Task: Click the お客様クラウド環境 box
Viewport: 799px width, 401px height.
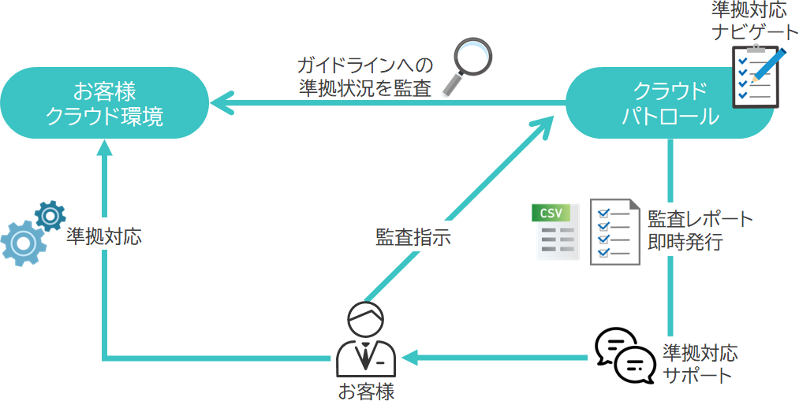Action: (x=104, y=103)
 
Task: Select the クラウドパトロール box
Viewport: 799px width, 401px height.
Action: (x=670, y=103)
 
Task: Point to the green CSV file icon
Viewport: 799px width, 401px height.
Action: (x=557, y=231)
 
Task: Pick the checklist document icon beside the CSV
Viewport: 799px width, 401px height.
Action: (x=614, y=231)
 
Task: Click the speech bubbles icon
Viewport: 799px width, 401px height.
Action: (x=624, y=356)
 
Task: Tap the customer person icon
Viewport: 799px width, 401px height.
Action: (x=365, y=340)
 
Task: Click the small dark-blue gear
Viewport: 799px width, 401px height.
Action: (x=50, y=214)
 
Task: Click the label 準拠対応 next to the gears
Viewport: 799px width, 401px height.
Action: (x=104, y=236)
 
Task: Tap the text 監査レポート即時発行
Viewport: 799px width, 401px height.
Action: (x=700, y=230)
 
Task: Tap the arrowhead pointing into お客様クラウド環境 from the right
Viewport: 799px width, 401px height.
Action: (x=221, y=102)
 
